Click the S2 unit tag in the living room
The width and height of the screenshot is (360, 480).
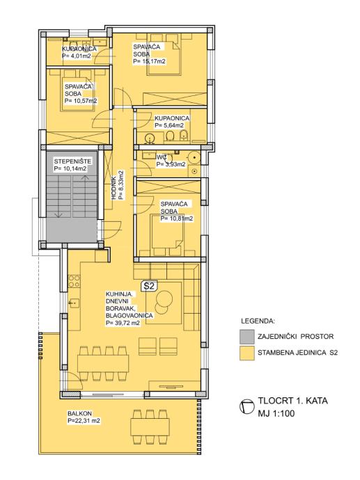pyautogui.click(x=149, y=286)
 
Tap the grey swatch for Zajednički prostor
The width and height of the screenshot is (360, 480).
pyautogui.click(x=247, y=337)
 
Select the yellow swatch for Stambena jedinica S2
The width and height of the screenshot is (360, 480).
pyautogui.click(x=247, y=353)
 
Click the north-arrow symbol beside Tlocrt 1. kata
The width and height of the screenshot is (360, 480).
pyautogui.click(x=247, y=407)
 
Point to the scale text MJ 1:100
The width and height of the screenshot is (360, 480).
pyautogui.click(x=276, y=414)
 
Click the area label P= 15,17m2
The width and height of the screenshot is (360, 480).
pyautogui.click(x=150, y=61)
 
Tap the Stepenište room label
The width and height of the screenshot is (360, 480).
pyautogui.click(x=72, y=161)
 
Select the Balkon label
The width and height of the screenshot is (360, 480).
pyautogui.click(x=79, y=414)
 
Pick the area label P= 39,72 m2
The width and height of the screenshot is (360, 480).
pyautogui.click(x=123, y=323)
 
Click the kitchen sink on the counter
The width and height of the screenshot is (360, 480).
pyautogui.click(x=74, y=303)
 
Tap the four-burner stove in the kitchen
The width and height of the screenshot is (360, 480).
pyautogui.click(x=74, y=281)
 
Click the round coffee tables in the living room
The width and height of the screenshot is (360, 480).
pyautogui.click(x=163, y=301)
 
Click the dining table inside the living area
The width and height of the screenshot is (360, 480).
pyautogui.click(x=103, y=363)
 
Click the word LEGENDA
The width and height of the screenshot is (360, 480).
pyautogui.click(x=258, y=321)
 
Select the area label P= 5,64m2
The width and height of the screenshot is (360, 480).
pyautogui.click(x=169, y=125)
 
